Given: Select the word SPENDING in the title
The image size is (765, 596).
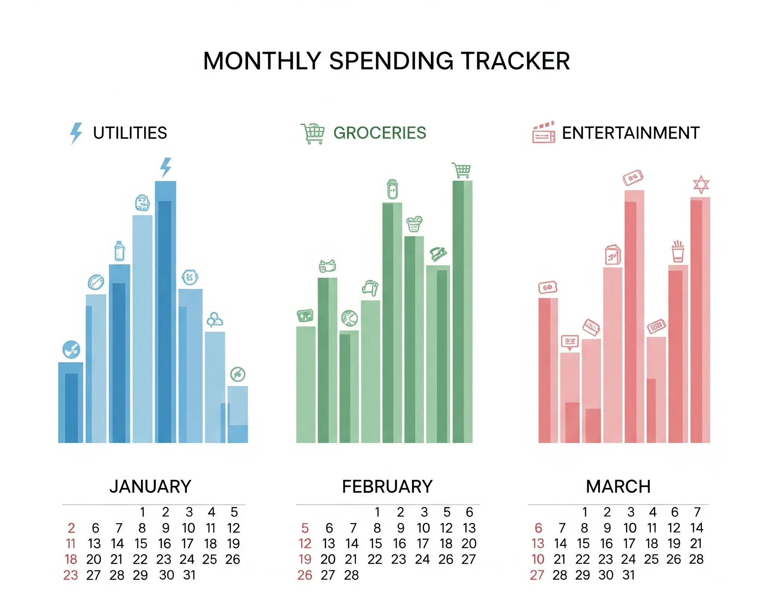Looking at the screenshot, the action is pyautogui.click(x=390, y=61).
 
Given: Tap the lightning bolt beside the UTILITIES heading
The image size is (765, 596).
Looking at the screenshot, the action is pyautogui.click(x=76, y=133).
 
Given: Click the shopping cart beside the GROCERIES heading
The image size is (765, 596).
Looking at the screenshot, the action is pyautogui.click(x=313, y=133).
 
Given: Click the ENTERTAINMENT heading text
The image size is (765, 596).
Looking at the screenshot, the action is pyautogui.click(x=631, y=133).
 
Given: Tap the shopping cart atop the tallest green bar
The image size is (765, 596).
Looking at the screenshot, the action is pyautogui.click(x=461, y=170).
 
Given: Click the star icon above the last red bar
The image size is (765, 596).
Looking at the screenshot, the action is pyautogui.click(x=701, y=184).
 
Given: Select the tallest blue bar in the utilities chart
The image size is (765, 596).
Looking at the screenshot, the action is pyautogui.click(x=165, y=312).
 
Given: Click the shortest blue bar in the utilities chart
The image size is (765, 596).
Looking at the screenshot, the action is pyautogui.click(x=238, y=415).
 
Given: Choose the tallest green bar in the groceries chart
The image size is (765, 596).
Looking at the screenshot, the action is pyautogui.click(x=462, y=312).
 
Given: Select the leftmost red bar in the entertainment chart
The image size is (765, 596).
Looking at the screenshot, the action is pyautogui.click(x=548, y=370).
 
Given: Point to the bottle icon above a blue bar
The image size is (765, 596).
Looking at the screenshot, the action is pyautogui.click(x=120, y=251).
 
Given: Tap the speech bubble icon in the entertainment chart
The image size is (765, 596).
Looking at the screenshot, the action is pyautogui.click(x=570, y=342).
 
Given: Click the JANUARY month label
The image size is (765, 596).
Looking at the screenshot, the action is pyautogui.click(x=150, y=487).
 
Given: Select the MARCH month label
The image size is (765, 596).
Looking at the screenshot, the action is pyautogui.click(x=618, y=487).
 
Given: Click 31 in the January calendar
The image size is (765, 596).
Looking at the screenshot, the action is pyautogui.click(x=189, y=575).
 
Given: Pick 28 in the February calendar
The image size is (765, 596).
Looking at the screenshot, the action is pyautogui.click(x=351, y=575).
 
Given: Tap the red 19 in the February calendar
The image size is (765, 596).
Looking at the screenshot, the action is pyautogui.click(x=305, y=559).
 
